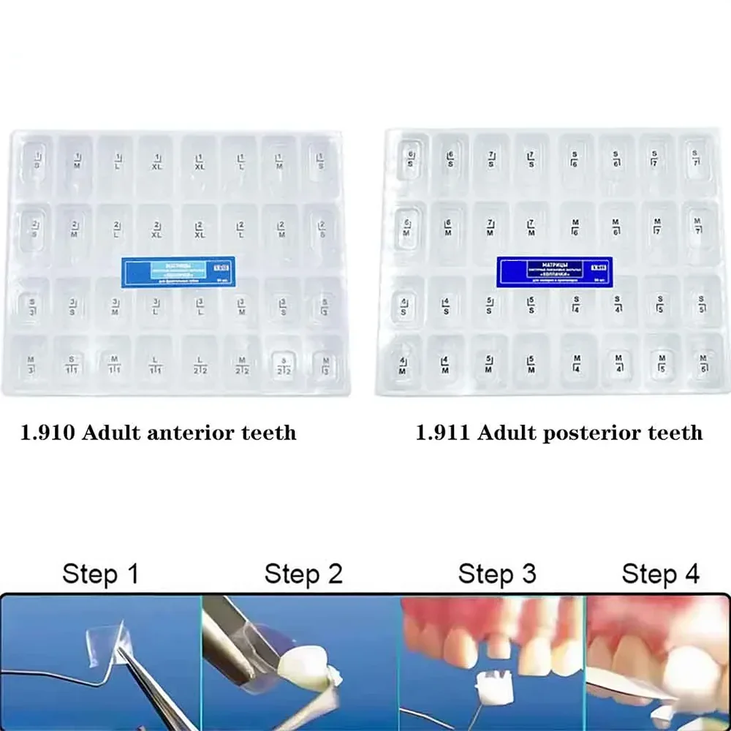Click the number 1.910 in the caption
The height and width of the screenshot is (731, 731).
[49, 433]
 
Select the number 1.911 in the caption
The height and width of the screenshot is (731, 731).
[444, 433]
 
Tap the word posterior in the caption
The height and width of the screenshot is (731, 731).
[590, 433]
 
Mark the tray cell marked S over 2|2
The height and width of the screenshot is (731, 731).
[283, 360]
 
